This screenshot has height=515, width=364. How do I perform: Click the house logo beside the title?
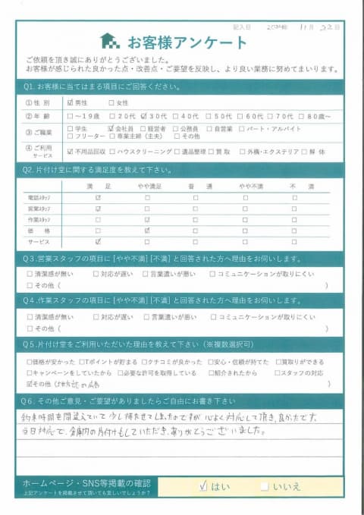[x=110, y=40]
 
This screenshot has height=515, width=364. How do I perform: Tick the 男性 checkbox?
[x=71, y=102]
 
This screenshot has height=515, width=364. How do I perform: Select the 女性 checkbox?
[x=112, y=102]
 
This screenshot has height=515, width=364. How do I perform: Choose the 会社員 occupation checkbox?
[x=111, y=128]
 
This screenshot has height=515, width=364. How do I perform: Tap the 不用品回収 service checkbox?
[x=71, y=152]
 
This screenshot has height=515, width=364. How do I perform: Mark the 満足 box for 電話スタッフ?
[x=98, y=197]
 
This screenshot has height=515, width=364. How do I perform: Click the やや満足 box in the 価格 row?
[x=146, y=230]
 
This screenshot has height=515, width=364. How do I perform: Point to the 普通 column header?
[x=196, y=185]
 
